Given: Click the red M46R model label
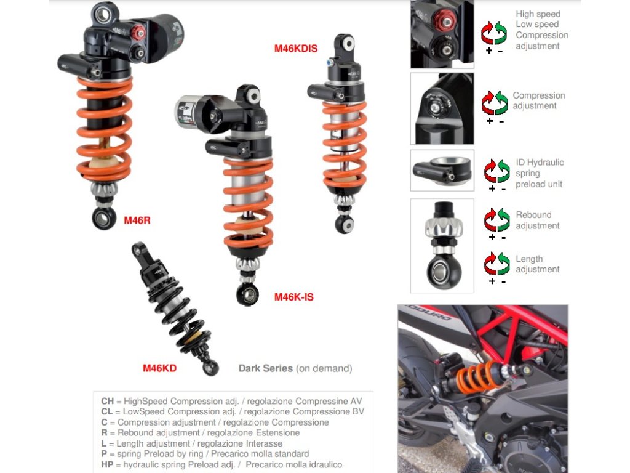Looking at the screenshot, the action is (137, 220).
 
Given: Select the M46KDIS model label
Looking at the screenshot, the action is (296, 48).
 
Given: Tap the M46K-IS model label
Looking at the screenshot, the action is (293, 297).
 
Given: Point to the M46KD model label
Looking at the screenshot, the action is (159, 368).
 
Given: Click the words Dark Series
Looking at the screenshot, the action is (266, 368).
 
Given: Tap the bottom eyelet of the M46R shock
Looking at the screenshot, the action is (103, 219).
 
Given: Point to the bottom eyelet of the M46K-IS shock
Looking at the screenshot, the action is (247, 295).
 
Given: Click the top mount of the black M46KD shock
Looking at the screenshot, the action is (138, 249).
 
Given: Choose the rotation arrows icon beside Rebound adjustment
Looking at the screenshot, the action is (497, 220).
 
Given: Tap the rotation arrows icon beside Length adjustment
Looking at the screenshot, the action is (497, 264).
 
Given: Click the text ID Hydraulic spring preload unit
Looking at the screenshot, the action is (540, 173).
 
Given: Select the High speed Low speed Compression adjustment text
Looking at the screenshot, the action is (541, 30).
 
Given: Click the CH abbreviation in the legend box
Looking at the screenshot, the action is (107, 401).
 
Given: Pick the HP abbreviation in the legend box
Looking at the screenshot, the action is (107, 464).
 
